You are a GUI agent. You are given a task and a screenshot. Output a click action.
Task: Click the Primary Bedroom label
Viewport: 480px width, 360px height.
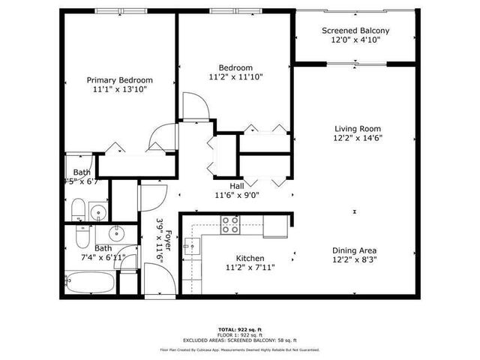pyautogui.click(x=120, y=80)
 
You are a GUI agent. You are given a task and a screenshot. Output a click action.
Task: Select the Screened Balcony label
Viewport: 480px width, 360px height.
pyautogui.click(x=356, y=31)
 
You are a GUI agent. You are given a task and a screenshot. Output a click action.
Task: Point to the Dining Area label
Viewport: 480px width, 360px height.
pyautogui.click(x=355, y=250)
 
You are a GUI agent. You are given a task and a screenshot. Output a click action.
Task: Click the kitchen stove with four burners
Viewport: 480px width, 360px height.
pyautogui.click(x=230, y=223)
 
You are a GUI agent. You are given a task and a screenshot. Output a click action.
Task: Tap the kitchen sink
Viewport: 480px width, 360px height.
pyautogui.click(x=193, y=246)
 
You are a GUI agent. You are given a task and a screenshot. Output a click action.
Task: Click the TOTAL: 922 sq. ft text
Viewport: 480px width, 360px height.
pyautogui.click(x=239, y=329)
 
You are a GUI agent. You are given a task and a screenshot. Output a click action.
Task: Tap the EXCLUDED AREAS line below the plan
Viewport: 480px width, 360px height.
pyautogui.click(x=239, y=341)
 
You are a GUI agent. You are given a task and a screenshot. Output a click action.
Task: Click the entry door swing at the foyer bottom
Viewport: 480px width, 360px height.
pyautogui.click(x=157, y=284)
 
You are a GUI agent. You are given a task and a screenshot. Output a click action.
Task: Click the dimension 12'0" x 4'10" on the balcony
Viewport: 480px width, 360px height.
pyautogui.click(x=356, y=40)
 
